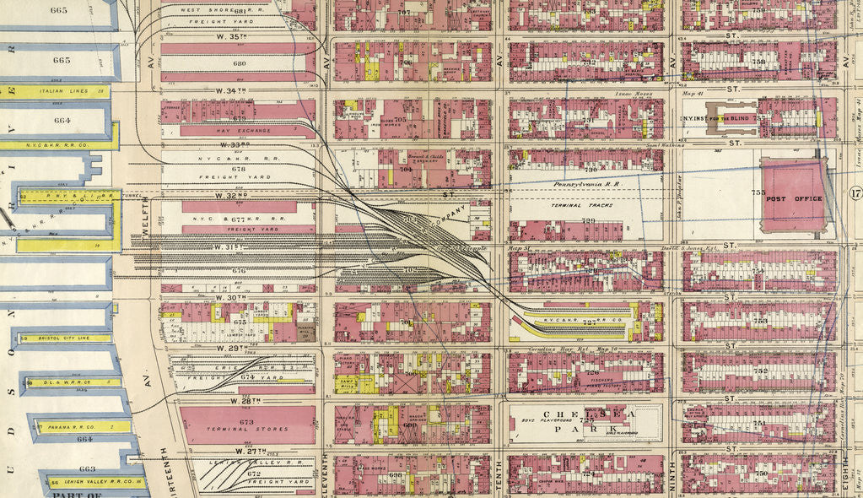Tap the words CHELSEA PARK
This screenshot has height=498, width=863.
point(585,421)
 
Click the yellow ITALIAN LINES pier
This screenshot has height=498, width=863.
point(59,91)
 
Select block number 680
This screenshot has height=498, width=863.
point(239,63)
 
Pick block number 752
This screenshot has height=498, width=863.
point(759,371)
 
